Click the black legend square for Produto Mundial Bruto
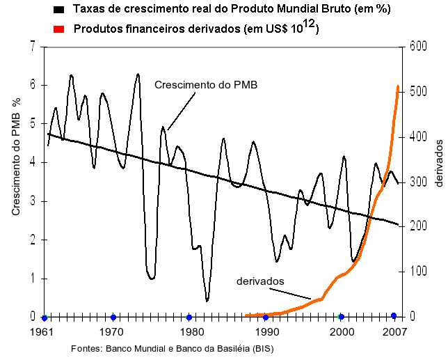pos(61,10)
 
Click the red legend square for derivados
pos(61,29)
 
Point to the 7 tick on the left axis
pos(32,47)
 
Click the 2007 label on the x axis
pos(395,331)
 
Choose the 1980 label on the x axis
pos(189,331)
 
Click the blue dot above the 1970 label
pos(113,317)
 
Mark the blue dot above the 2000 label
pos(342,317)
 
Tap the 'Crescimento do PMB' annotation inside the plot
pos(205,85)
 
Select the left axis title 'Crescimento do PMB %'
pos(16,156)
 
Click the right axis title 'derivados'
pos(438,162)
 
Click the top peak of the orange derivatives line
pos(397,86)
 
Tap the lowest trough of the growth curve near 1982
pos(207,300)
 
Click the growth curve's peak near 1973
pos(138,74)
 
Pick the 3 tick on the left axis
pos(32,201)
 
